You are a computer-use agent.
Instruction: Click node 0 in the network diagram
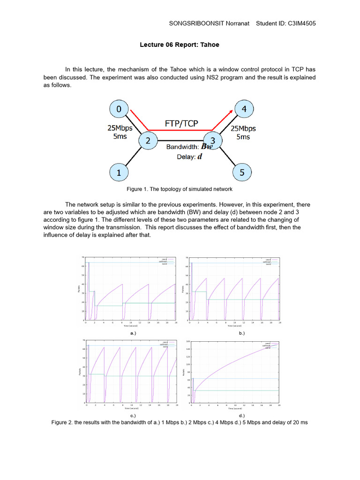pyautogui.click(x=119, y=109)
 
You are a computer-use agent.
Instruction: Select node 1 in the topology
pyautogui.click(x=119, y=172)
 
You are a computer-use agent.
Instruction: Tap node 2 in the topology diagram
pyautogui.click(x=148, y=141)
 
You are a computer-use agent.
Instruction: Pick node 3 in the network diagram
pyautogui.click(x=212, y=141)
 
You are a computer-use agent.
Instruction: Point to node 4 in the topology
pyautogui.click(x=243, y=109)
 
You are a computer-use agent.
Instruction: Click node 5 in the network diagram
pyautogui.click(x=242, y=172)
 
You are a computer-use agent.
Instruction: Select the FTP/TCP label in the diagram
pyautogui.click(x=181, y=123)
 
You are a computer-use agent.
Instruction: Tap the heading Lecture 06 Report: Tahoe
pyautogui.click(x=180, y=45)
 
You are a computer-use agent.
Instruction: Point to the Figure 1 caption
pyautogui.click(x=180, y=189)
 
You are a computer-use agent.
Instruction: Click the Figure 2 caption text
pyautogui.click(x=180, y=422)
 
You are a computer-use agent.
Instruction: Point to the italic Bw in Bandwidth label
pyautogui.click(x=207, y=147)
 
